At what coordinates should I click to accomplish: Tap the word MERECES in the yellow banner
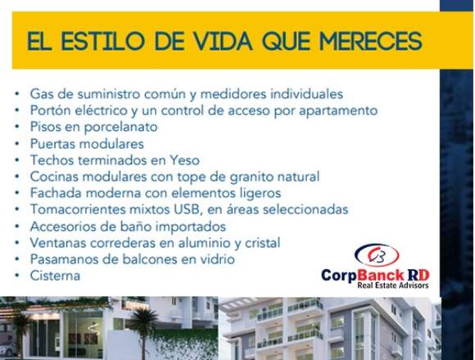371,41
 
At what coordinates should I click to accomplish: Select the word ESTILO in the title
103,41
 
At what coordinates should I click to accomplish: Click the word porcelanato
120,127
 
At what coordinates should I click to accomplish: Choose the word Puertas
51,144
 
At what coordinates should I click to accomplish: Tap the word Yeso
185,160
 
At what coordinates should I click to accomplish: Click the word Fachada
56,193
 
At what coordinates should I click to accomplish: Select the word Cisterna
55,276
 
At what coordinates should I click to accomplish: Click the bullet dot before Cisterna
17,275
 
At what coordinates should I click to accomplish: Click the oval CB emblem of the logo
377,255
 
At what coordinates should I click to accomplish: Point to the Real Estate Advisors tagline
393,285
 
